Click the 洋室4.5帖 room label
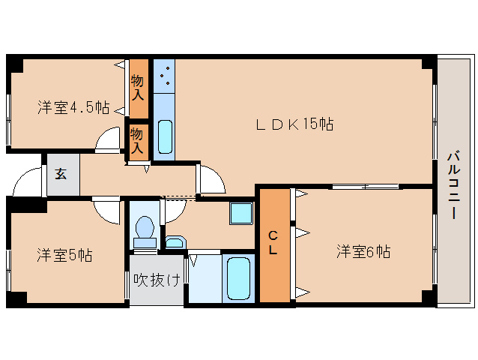pos(73,107)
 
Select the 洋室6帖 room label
pos(363,251)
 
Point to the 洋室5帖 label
pos(64,255)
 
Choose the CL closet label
pos(274,244)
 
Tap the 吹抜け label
pos(157,280)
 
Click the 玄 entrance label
pos(60,175)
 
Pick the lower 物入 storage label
pos(137,140)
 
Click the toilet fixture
pos(145,228)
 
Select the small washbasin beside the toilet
pos(175,242)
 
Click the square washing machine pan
pos(242,214)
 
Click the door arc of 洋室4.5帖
pos(109,140)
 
